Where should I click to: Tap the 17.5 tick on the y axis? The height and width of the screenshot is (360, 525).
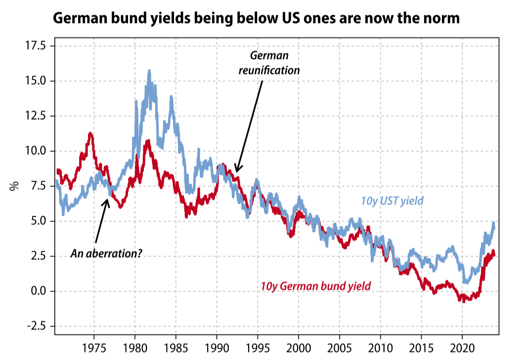click(35, 46)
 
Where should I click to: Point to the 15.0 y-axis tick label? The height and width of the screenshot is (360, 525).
click(35, 81)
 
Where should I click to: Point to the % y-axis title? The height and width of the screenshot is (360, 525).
click(15, 186)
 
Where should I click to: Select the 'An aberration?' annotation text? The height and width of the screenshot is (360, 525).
click(106, 254)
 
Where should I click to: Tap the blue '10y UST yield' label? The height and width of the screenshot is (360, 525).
click(392, 201)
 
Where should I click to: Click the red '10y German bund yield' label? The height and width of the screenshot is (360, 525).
click(315, 286)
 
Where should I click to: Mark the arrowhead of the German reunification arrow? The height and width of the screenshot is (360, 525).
click(237, 171)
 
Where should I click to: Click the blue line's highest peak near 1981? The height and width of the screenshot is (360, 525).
click(149, 71)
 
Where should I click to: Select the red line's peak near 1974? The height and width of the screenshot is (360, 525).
click(90, 133)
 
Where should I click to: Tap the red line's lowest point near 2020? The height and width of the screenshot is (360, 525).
click(463, 301)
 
